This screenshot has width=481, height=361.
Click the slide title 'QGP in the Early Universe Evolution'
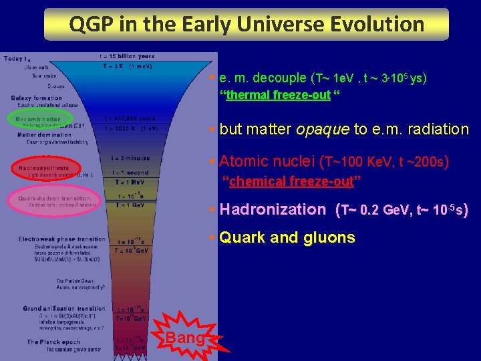pos(247,24)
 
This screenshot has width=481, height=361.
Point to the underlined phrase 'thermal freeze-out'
pos(278,95)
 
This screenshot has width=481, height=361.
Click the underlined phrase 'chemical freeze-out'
pos(291,181)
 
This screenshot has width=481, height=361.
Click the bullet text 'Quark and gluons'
pos(287,237)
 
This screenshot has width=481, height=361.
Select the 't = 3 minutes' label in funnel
pos(130,158)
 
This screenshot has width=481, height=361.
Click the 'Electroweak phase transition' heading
pos(61,239)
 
